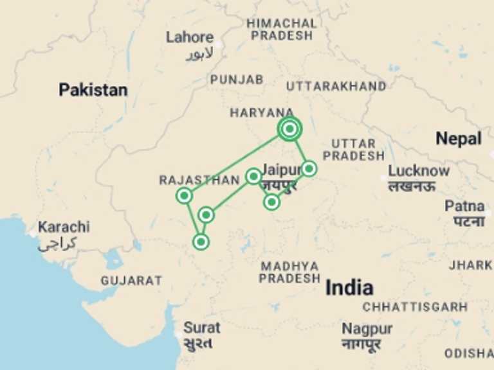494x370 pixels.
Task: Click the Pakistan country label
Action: coord(93,90)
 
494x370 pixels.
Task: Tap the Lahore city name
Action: coord(190,37)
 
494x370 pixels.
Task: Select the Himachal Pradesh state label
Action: coord(282,29)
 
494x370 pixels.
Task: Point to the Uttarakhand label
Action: coord(336,86)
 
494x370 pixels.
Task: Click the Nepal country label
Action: coord(459,138)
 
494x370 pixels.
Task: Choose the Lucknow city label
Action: coord(418,171)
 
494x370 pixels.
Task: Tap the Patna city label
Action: coord(464,207)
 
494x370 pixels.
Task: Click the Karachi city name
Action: coord(64,227)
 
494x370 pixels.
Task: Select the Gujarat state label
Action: coord(131,281)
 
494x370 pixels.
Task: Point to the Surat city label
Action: coord(202,328)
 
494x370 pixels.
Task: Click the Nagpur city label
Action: coord(367,329)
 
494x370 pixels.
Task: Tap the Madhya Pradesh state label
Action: coord(289,272)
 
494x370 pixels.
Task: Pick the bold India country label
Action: coord(349,287)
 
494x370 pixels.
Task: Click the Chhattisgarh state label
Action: coord(415,307)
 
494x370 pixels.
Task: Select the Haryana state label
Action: coord(262,112)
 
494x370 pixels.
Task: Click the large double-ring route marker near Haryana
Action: coord(290,129)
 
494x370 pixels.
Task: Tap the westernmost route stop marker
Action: coord(185,195)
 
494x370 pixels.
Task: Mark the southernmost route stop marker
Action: coord(201,242)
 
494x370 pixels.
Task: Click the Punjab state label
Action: coord(237,80)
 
